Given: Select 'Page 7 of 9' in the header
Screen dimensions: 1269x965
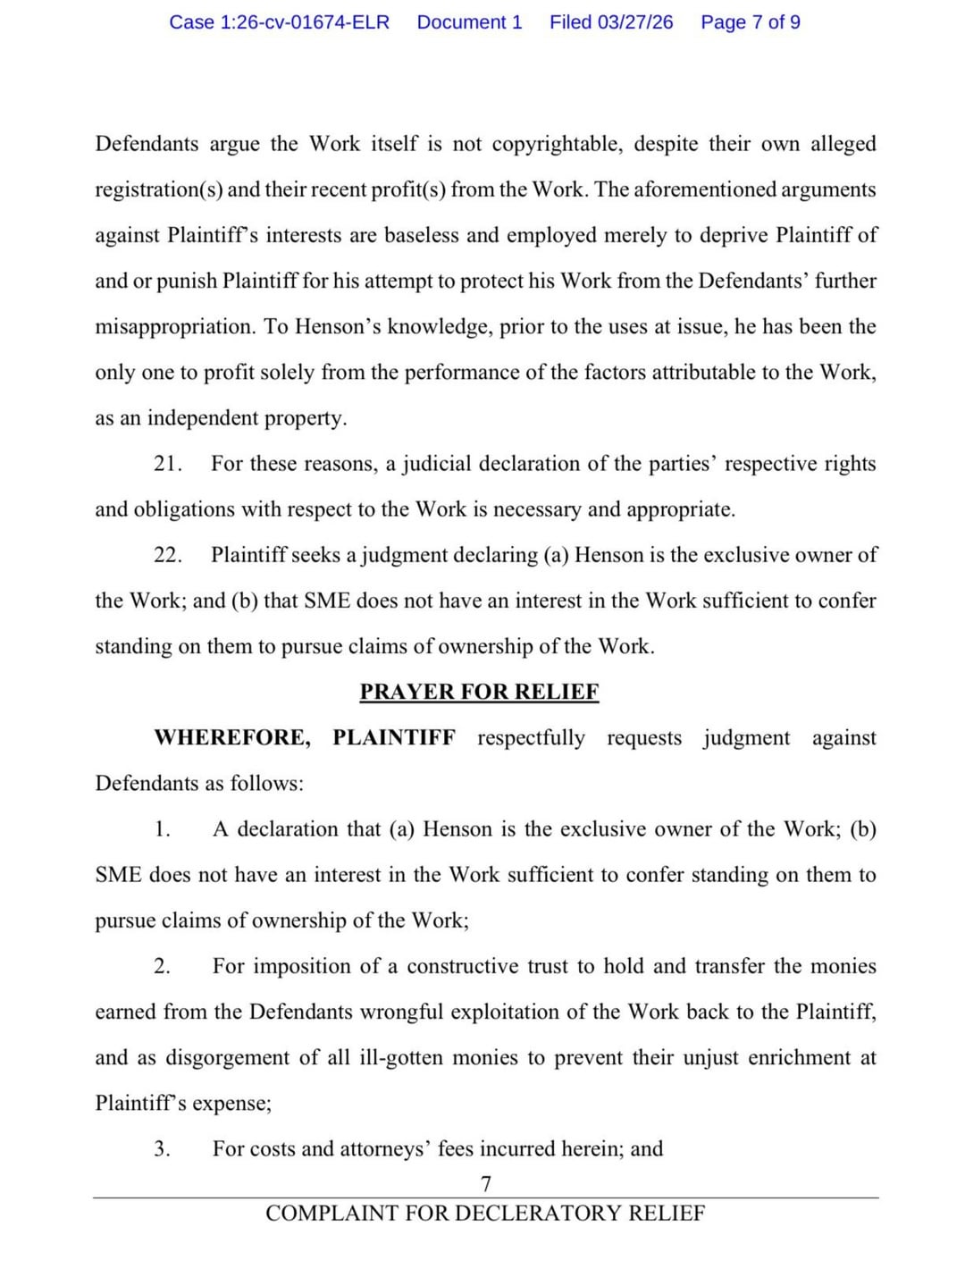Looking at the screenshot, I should (751, 22).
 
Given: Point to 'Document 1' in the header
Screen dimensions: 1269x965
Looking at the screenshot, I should (469, 22).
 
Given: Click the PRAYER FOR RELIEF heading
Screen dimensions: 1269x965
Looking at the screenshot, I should (479, 692).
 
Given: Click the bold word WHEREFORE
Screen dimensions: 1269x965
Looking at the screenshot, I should (232, 738).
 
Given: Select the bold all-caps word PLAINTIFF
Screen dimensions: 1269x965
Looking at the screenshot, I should (393, 738).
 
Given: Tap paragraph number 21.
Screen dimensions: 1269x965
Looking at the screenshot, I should (167, 464).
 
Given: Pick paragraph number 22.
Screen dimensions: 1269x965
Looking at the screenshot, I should (167, 555).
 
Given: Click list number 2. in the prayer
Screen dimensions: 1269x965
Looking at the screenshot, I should (162, 966).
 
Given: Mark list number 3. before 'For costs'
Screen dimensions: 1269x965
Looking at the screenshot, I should (162, 1148).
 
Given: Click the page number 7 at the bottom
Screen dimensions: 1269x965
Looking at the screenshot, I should (485, 1184).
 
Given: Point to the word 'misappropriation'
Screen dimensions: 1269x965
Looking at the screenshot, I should (174, 327).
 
